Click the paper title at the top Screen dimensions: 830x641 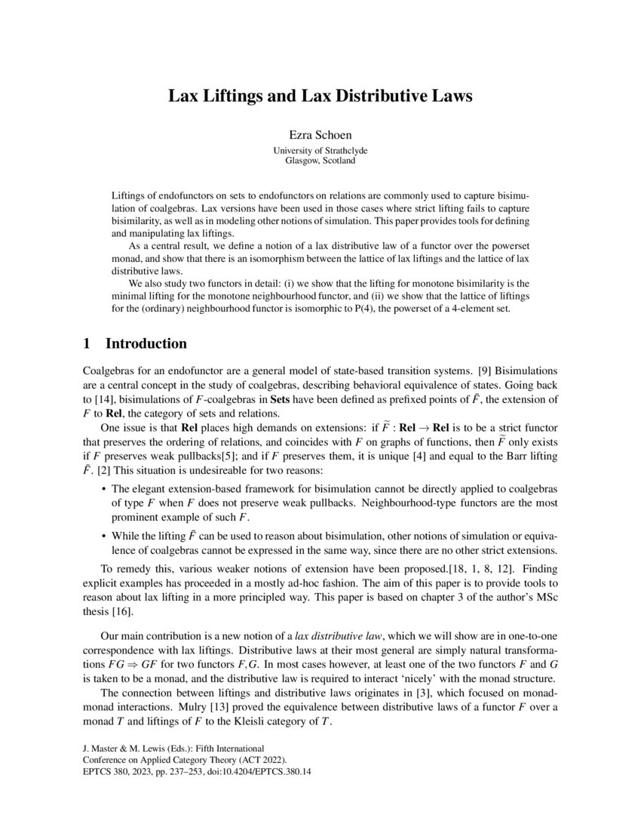click(320, 97)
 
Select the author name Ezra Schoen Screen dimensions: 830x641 click(320, 137)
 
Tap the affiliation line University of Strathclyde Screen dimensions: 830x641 click(320, 151)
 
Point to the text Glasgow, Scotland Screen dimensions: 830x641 click(320, 161)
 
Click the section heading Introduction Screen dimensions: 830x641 click(146, 343)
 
